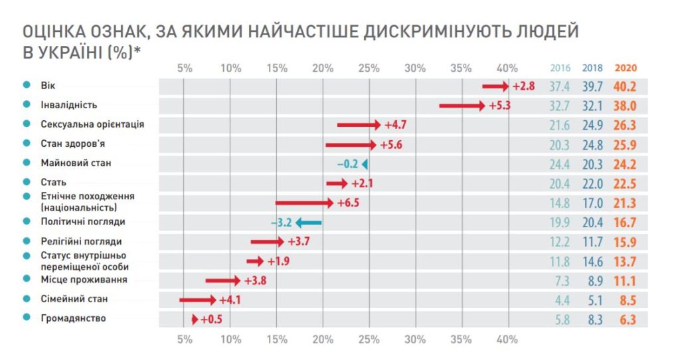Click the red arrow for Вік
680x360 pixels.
(495, 86)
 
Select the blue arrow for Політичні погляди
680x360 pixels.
(309, 223)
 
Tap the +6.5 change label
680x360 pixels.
(348, 203)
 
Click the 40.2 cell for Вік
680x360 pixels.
(626, 86)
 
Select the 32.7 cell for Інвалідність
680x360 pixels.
(560, 105)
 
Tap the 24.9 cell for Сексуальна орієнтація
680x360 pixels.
(592, 125)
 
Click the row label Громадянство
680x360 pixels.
(72, 318)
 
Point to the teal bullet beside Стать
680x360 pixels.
(27, 181)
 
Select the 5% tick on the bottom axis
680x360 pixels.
(184, 339)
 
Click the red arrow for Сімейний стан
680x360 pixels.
(197, 300)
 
